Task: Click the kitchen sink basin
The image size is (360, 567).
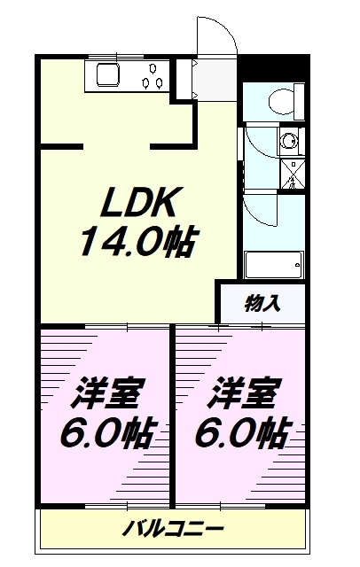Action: (x=108, y=74)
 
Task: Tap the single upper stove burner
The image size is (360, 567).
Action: (x=153, y=68)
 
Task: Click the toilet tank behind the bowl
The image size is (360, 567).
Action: (x=299, y=102)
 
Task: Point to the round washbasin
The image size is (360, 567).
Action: (x=289, y=141)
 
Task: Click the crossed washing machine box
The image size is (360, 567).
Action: (x=293, y=175)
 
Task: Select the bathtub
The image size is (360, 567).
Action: (x=274, y=265)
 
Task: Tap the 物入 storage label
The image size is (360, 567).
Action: (x=262, y=304)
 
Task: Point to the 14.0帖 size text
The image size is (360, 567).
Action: (x=137, y=241)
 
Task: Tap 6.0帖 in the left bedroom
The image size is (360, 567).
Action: (x=109, y=433)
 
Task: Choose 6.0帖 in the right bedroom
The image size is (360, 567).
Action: (x=243, y=433)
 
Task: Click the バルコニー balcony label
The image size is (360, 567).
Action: (x=173, y=530)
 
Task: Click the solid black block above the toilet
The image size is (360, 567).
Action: (x=274, y=68)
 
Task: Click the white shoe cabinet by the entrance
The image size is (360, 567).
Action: (x=184, y=78)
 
